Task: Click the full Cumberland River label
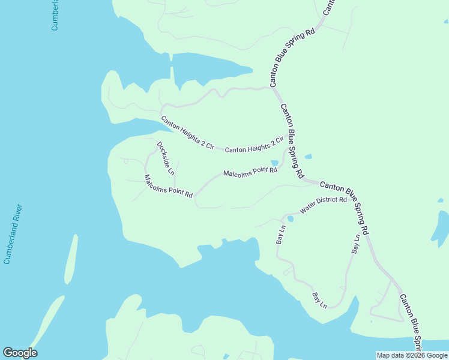[x=13, y=234]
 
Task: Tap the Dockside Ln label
[x=165, y=158]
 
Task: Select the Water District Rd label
[x=324, y=205]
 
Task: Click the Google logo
[x=20, y=353]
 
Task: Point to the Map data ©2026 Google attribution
[x=412, y=355]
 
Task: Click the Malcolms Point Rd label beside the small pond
[x=250, y=172]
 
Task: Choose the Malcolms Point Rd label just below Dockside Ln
[x=168, y=187]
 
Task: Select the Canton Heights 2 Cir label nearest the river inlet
[x=187, y=133]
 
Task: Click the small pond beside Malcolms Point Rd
[x=274, y=163]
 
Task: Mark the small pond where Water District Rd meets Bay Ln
[x=290, y=218]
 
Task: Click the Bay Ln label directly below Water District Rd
[x=280, y=232]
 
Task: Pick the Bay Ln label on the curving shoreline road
[x=319, y=300]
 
